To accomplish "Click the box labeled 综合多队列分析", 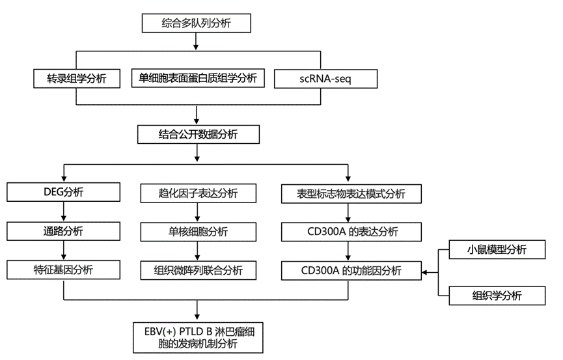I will tap(195, 23).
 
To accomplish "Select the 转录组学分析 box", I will tap(77, 79).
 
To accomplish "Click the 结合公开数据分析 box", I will tap(199, 135).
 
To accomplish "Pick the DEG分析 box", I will tap(63, 192).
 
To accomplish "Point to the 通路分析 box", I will tap(63, 231).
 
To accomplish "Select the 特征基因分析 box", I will tap(63, 270).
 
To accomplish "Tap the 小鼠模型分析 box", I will tap(497, 250).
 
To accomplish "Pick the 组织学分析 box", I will tap(497, 296).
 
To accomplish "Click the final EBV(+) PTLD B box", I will tap(195, 337).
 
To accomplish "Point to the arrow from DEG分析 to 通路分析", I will tap(63, 212).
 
